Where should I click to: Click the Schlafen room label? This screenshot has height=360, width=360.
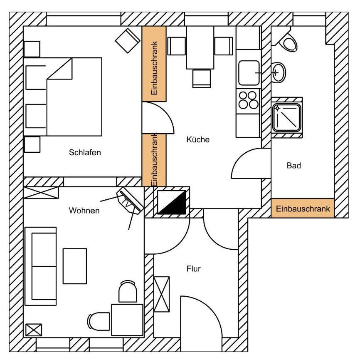pyautogui.click(x=85, y=152)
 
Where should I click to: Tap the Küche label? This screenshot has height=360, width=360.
pyautogui.click(x=198, y=139)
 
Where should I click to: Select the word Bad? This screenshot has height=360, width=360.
pyautogui.click(x=293, y=166)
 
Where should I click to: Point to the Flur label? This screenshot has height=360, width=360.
pyautogui.click(x=194, y=269)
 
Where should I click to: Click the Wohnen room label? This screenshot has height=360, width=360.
pyautogui.click(x=84, y=211)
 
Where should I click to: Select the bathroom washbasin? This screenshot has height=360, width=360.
pyautogui.click(x=279, y=73)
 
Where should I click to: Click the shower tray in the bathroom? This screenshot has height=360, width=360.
pyautogui.click(x=286, y=118)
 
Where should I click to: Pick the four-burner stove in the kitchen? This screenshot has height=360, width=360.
pyautogui.click(x=249, y=100)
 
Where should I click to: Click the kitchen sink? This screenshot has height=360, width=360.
pyautogui.click(x=249, y=73)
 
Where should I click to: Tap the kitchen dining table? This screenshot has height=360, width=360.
pyautogui.click(x=200, y=47)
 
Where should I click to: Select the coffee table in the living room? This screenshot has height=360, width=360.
pyautogui.click(x=75, y=266)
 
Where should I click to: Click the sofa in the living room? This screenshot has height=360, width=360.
pyautogui.click(x=40, y=266)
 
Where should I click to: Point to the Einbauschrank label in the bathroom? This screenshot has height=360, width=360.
pyautogui.click(x=303, y=209)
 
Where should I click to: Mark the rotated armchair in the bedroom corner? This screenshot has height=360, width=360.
pyautogui.click(x=128, y=40)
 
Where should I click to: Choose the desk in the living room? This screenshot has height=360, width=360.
pyautogui.click(x=127, y=320)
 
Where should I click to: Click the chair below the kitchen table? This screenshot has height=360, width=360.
pyautogui.click(x=202, y=78)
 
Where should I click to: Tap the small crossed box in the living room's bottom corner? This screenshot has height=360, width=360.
pyautogui.click(x=34, y=330)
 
